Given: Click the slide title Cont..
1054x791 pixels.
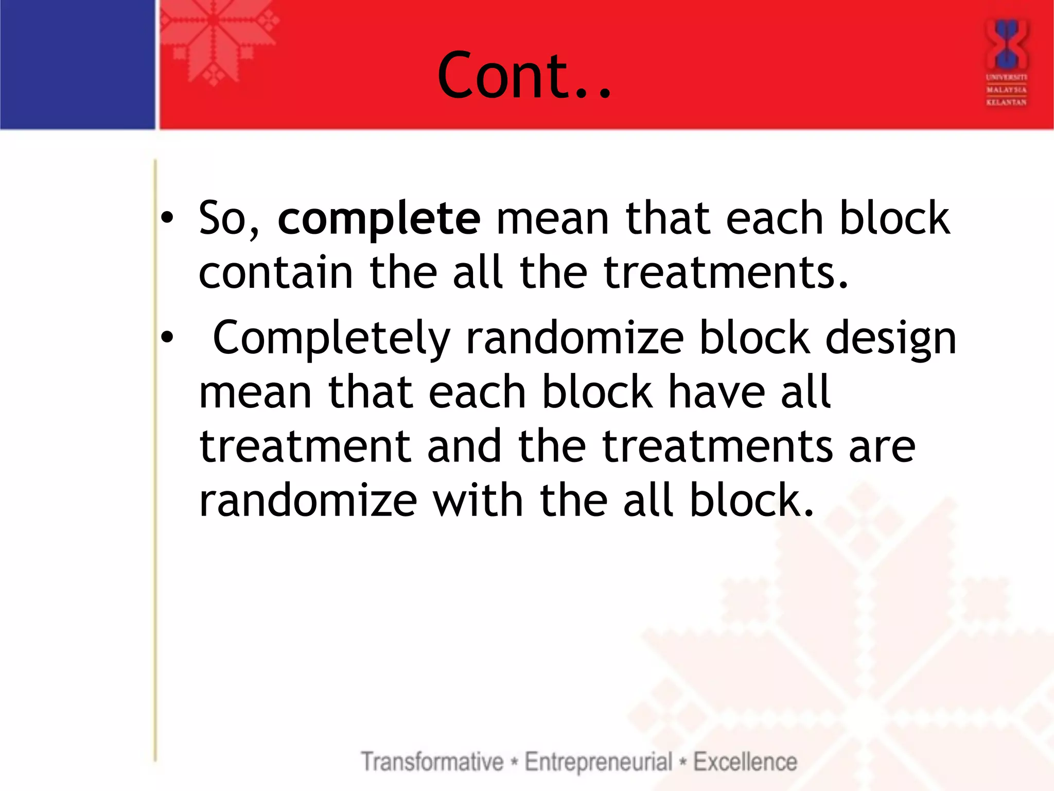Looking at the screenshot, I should [524, 75].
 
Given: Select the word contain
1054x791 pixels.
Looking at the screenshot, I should [275, 272].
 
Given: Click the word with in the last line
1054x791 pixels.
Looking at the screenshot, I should [478, 501].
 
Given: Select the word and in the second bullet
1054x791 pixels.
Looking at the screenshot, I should [464, 446].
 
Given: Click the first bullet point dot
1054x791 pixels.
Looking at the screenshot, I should [167, 219].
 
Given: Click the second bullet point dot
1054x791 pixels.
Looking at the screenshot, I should [167, 338].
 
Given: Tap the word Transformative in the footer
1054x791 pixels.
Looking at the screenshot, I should [432, 762].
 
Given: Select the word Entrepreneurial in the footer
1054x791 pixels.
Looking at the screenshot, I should [599, 762].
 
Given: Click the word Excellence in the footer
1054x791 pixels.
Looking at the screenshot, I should [745, 762].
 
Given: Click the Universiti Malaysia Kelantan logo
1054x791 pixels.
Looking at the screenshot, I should [1006, 62].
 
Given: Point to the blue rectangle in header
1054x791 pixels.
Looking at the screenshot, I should [77, 64].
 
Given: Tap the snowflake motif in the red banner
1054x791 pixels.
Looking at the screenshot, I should [214, 44].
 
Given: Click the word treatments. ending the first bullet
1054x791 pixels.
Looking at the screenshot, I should [726, 272].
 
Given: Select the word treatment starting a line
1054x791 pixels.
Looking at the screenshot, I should [305, 446].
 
